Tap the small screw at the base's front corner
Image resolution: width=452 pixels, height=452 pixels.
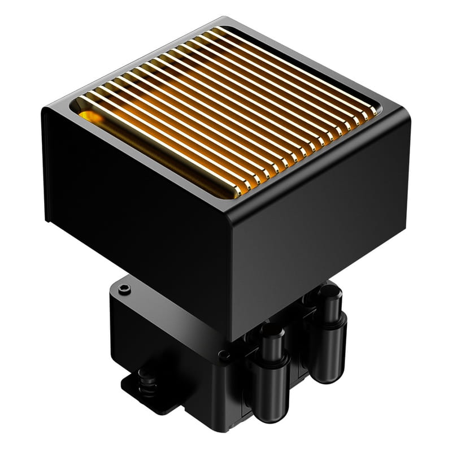225,356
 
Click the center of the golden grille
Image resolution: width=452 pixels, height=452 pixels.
226,110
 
